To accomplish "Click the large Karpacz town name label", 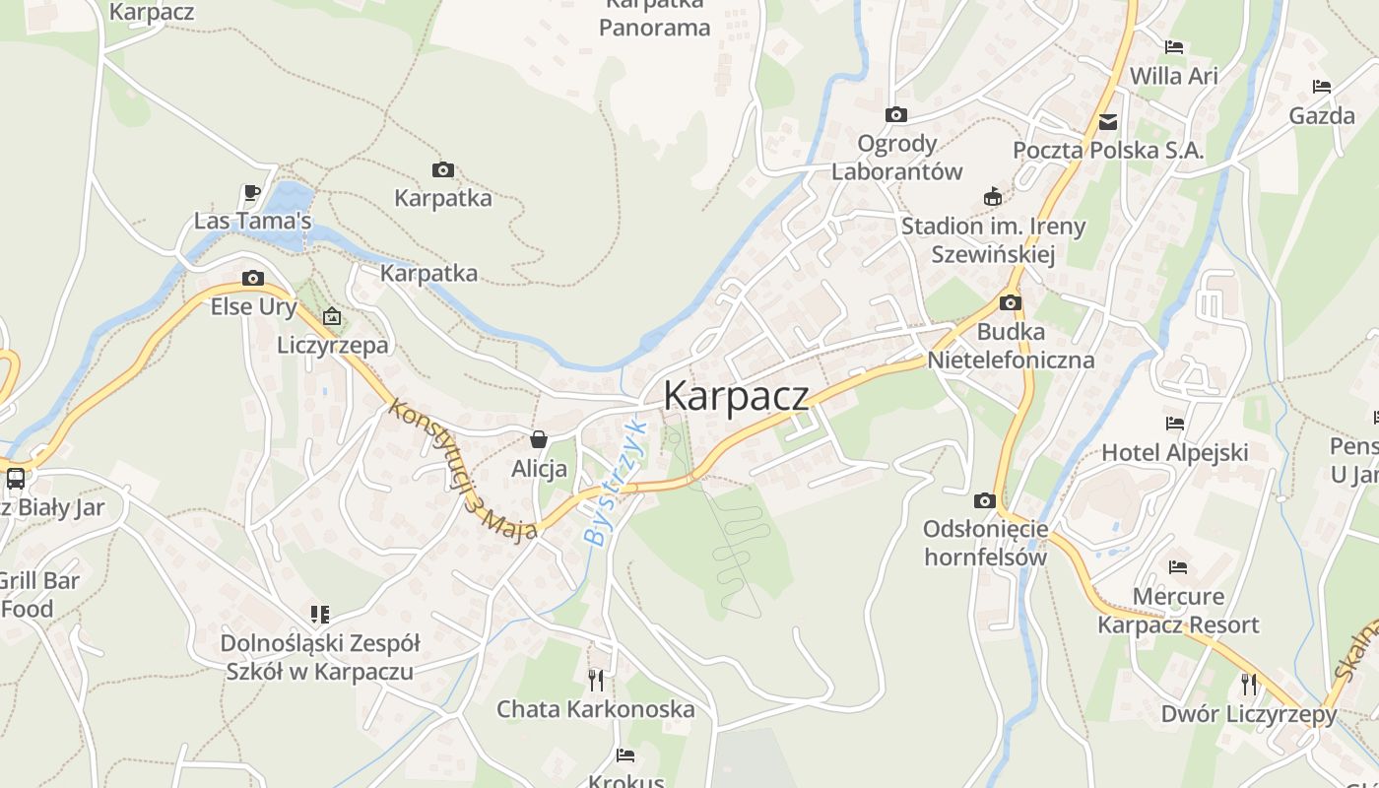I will click(736, 396).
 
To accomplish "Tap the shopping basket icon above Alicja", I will click(539, 438).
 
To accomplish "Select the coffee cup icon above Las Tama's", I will click(252, 192).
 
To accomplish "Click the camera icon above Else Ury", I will click(253, 279).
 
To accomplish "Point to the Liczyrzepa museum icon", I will click(332, 317).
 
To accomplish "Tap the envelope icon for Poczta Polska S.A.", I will click(1108, 122).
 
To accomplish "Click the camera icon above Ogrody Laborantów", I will click(895, 115).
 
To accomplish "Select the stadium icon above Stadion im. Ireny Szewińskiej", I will click(993, 197).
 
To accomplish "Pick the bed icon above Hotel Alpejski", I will click(1174, 424).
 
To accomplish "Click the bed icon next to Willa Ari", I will click(1173, 47).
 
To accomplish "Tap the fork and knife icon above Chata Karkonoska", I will click(595, 680).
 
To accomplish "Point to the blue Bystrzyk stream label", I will click(614, 484).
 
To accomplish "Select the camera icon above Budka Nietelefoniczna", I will click(1011, 303).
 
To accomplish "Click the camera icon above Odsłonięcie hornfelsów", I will click(984, 501).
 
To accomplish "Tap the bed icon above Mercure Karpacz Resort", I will click(1177, 567).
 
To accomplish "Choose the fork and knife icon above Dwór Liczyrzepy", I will click(1248, 684).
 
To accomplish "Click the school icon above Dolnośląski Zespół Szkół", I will click(319, 615).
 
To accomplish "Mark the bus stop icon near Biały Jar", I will click(16, 479).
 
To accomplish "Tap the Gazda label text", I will click(1322, 116).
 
